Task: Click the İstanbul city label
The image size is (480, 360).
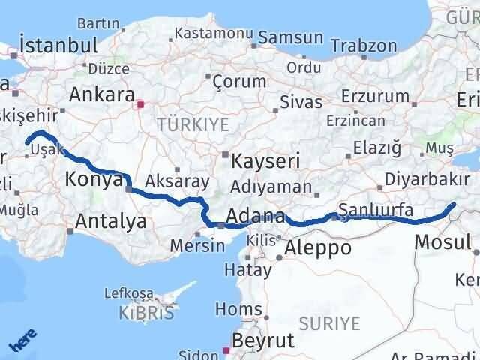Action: [x=60, y=44]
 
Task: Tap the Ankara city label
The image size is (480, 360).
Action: [x=102, y=95]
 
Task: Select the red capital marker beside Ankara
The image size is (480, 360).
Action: [x=139, y=96]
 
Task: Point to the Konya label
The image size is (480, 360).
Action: [x=94, y=179]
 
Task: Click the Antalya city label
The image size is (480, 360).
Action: [x=111, y=221]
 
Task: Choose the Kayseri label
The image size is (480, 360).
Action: [x=265, y=161]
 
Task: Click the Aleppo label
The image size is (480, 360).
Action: [x=319, y=247]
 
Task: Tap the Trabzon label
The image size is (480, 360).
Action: [x=363, y=46]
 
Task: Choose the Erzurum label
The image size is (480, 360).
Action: [x=376, y=96]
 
